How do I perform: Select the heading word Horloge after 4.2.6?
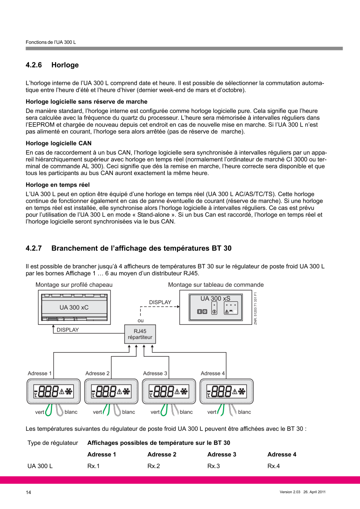coord(65,65)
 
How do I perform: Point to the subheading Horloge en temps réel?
coord(58,185)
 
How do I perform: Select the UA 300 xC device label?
coord(74,307)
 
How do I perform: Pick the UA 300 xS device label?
coord(215,298)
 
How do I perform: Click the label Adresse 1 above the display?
coord(39,373)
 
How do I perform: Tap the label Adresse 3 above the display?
coord(155,373)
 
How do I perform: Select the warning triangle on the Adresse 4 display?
coord(235,391)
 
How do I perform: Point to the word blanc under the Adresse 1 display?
coord(71,412)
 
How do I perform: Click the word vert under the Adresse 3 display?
coord(155,412)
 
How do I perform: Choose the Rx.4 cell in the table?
coord(274,466)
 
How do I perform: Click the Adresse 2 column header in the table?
coord(162,454)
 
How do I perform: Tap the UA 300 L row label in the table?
coord(40,466)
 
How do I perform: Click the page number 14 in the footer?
coord(28,492)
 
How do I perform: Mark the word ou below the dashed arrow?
coord(141,320)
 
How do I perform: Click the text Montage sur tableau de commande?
coord(216,285)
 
